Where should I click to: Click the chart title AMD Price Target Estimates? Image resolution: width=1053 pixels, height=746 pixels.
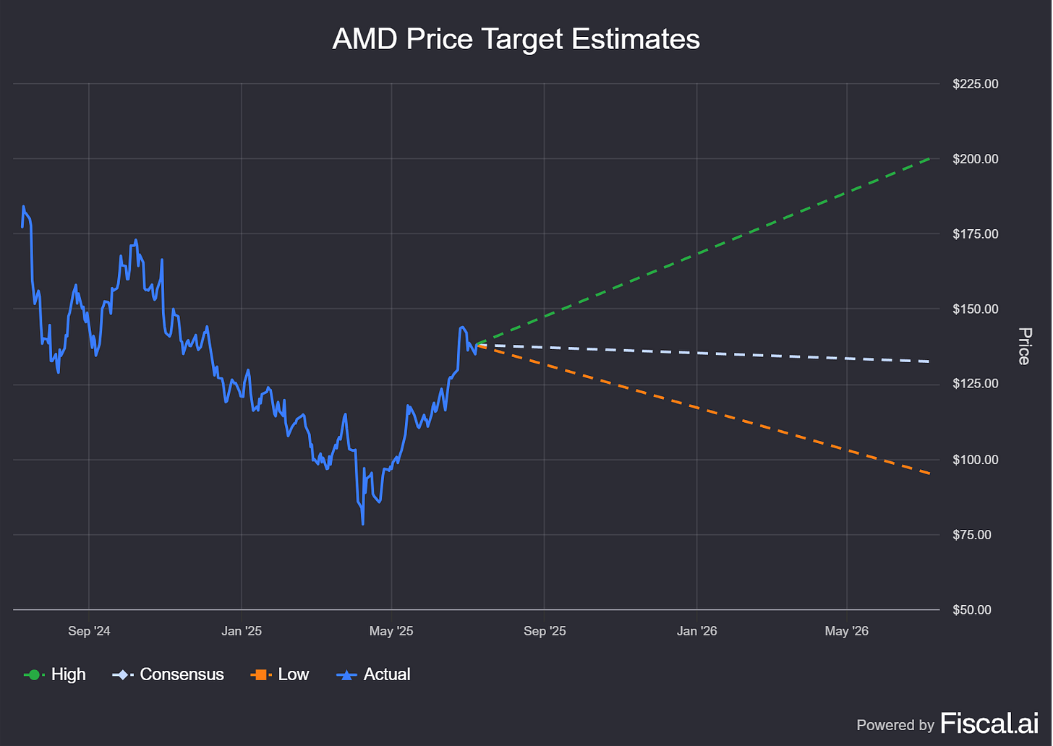[516, 39]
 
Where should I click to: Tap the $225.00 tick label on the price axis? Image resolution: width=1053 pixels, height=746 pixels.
[975, 84]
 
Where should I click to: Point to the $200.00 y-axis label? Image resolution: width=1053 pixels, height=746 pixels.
[975, 159]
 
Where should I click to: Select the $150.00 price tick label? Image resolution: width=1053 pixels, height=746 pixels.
[975, 309]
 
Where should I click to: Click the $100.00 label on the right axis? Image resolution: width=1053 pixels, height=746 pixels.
[975, 460]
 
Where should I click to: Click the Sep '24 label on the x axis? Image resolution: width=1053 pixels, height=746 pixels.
[89, 631]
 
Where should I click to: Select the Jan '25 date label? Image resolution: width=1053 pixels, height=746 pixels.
[242, 631]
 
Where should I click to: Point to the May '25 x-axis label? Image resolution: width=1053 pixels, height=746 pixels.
[391, 631]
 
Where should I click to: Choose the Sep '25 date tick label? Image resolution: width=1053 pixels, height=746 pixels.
[545, 631]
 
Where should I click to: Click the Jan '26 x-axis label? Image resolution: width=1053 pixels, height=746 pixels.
[697, 631]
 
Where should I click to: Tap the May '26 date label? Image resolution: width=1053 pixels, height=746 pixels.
[847, 631]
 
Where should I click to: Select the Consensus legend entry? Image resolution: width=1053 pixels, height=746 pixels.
[169, 674]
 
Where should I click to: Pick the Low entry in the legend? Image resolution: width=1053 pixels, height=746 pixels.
[280, 674]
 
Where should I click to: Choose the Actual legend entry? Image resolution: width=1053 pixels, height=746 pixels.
[374, 674]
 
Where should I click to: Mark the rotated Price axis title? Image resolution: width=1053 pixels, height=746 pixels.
[1024, 346]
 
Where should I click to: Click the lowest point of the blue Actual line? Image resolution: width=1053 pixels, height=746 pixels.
[362, 524]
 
